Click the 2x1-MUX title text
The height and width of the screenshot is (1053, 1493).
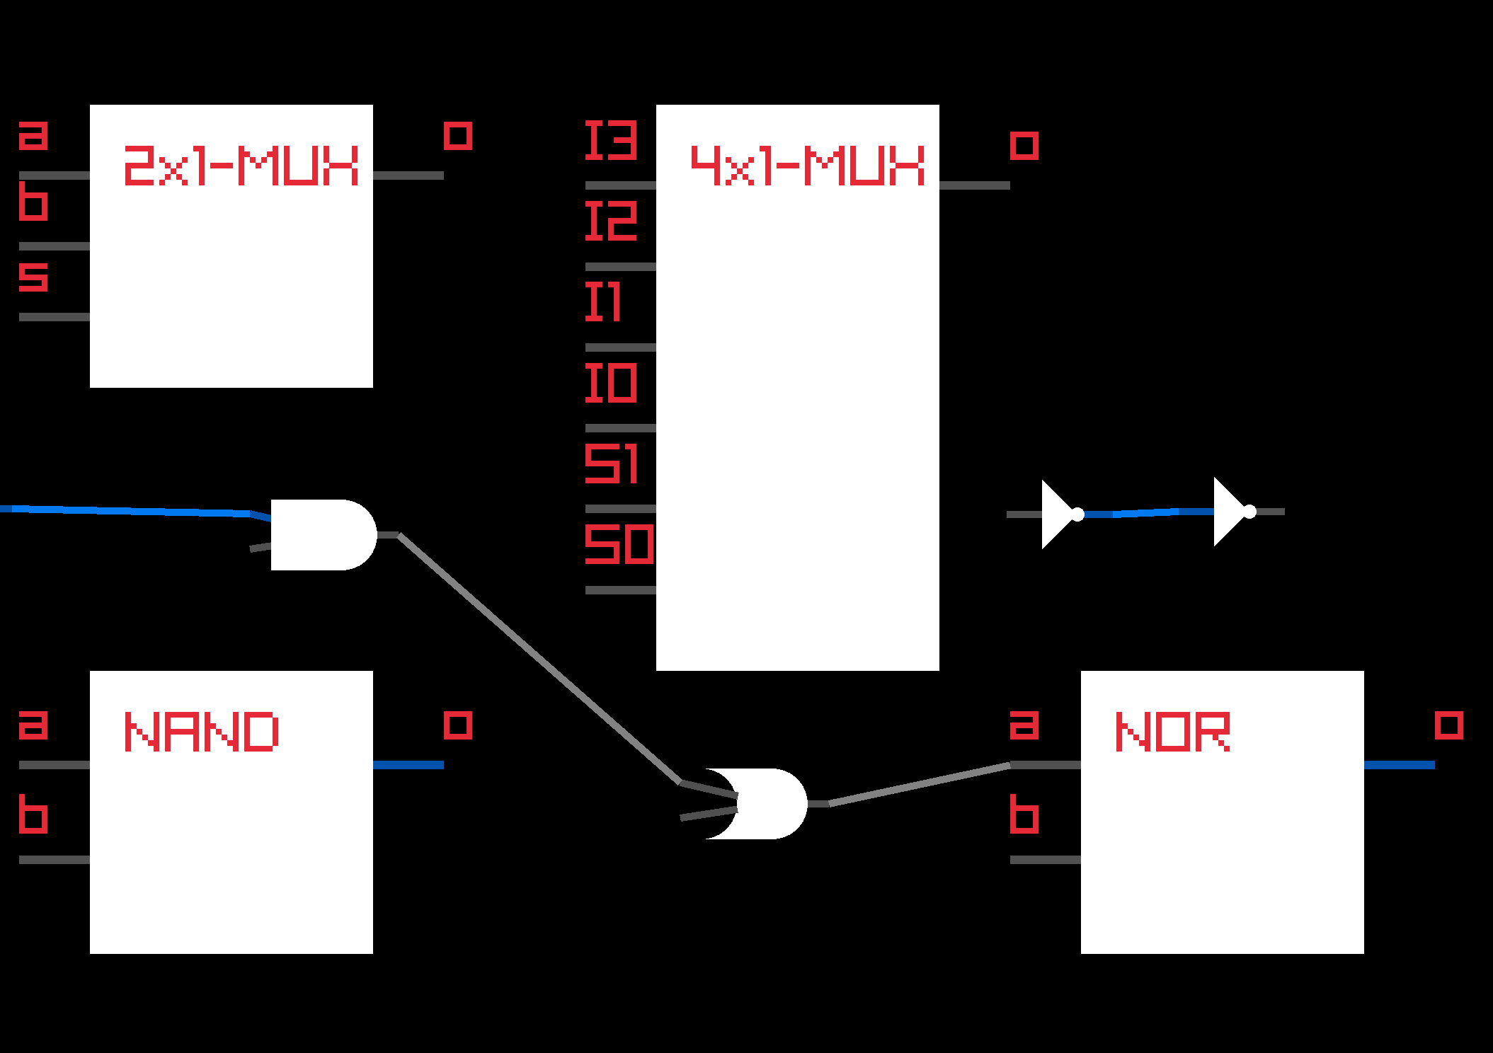click(x=241, y=166)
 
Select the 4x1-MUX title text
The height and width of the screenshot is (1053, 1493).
click(x=807, y=166)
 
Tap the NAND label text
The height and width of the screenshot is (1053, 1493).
click(x=202, y=732)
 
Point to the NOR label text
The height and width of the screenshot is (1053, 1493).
click(x=1172, y=732)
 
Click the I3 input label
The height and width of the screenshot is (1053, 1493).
click(x=610, y=140)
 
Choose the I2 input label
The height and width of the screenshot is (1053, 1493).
click(x=610, y=221)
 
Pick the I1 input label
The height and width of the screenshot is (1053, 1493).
click(x=603, y=301)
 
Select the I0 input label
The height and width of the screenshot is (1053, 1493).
click(x=610, y=383)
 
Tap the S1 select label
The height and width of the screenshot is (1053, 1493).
click(x=610, y=464)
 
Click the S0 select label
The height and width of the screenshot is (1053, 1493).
click(x=619, y=544)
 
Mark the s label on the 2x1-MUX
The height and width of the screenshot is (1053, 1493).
click(x=33, y=277)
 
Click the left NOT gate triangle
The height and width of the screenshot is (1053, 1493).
click(x=1058, y=514)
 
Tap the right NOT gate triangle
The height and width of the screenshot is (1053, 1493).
click(x=1230, y=512)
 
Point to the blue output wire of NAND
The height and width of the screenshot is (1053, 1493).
click(x=408, y=765)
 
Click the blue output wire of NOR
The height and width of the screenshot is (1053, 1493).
click(x=1399, y=765)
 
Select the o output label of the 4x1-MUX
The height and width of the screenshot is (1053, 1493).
click(x=1024, y=146)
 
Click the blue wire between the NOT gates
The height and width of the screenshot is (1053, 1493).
click(x=1147, y=512)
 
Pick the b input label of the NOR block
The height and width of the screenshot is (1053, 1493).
click(x=1024, y=815)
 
